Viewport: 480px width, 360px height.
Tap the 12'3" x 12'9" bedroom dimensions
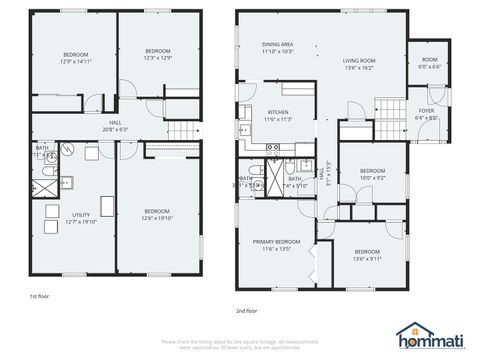(158, 59)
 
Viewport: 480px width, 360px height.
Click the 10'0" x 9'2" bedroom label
(372, 174)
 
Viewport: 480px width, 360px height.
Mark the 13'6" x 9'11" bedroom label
(367, 254)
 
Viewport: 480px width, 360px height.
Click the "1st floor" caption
(39, 296)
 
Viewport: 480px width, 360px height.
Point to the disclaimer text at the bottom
(240, 343)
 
